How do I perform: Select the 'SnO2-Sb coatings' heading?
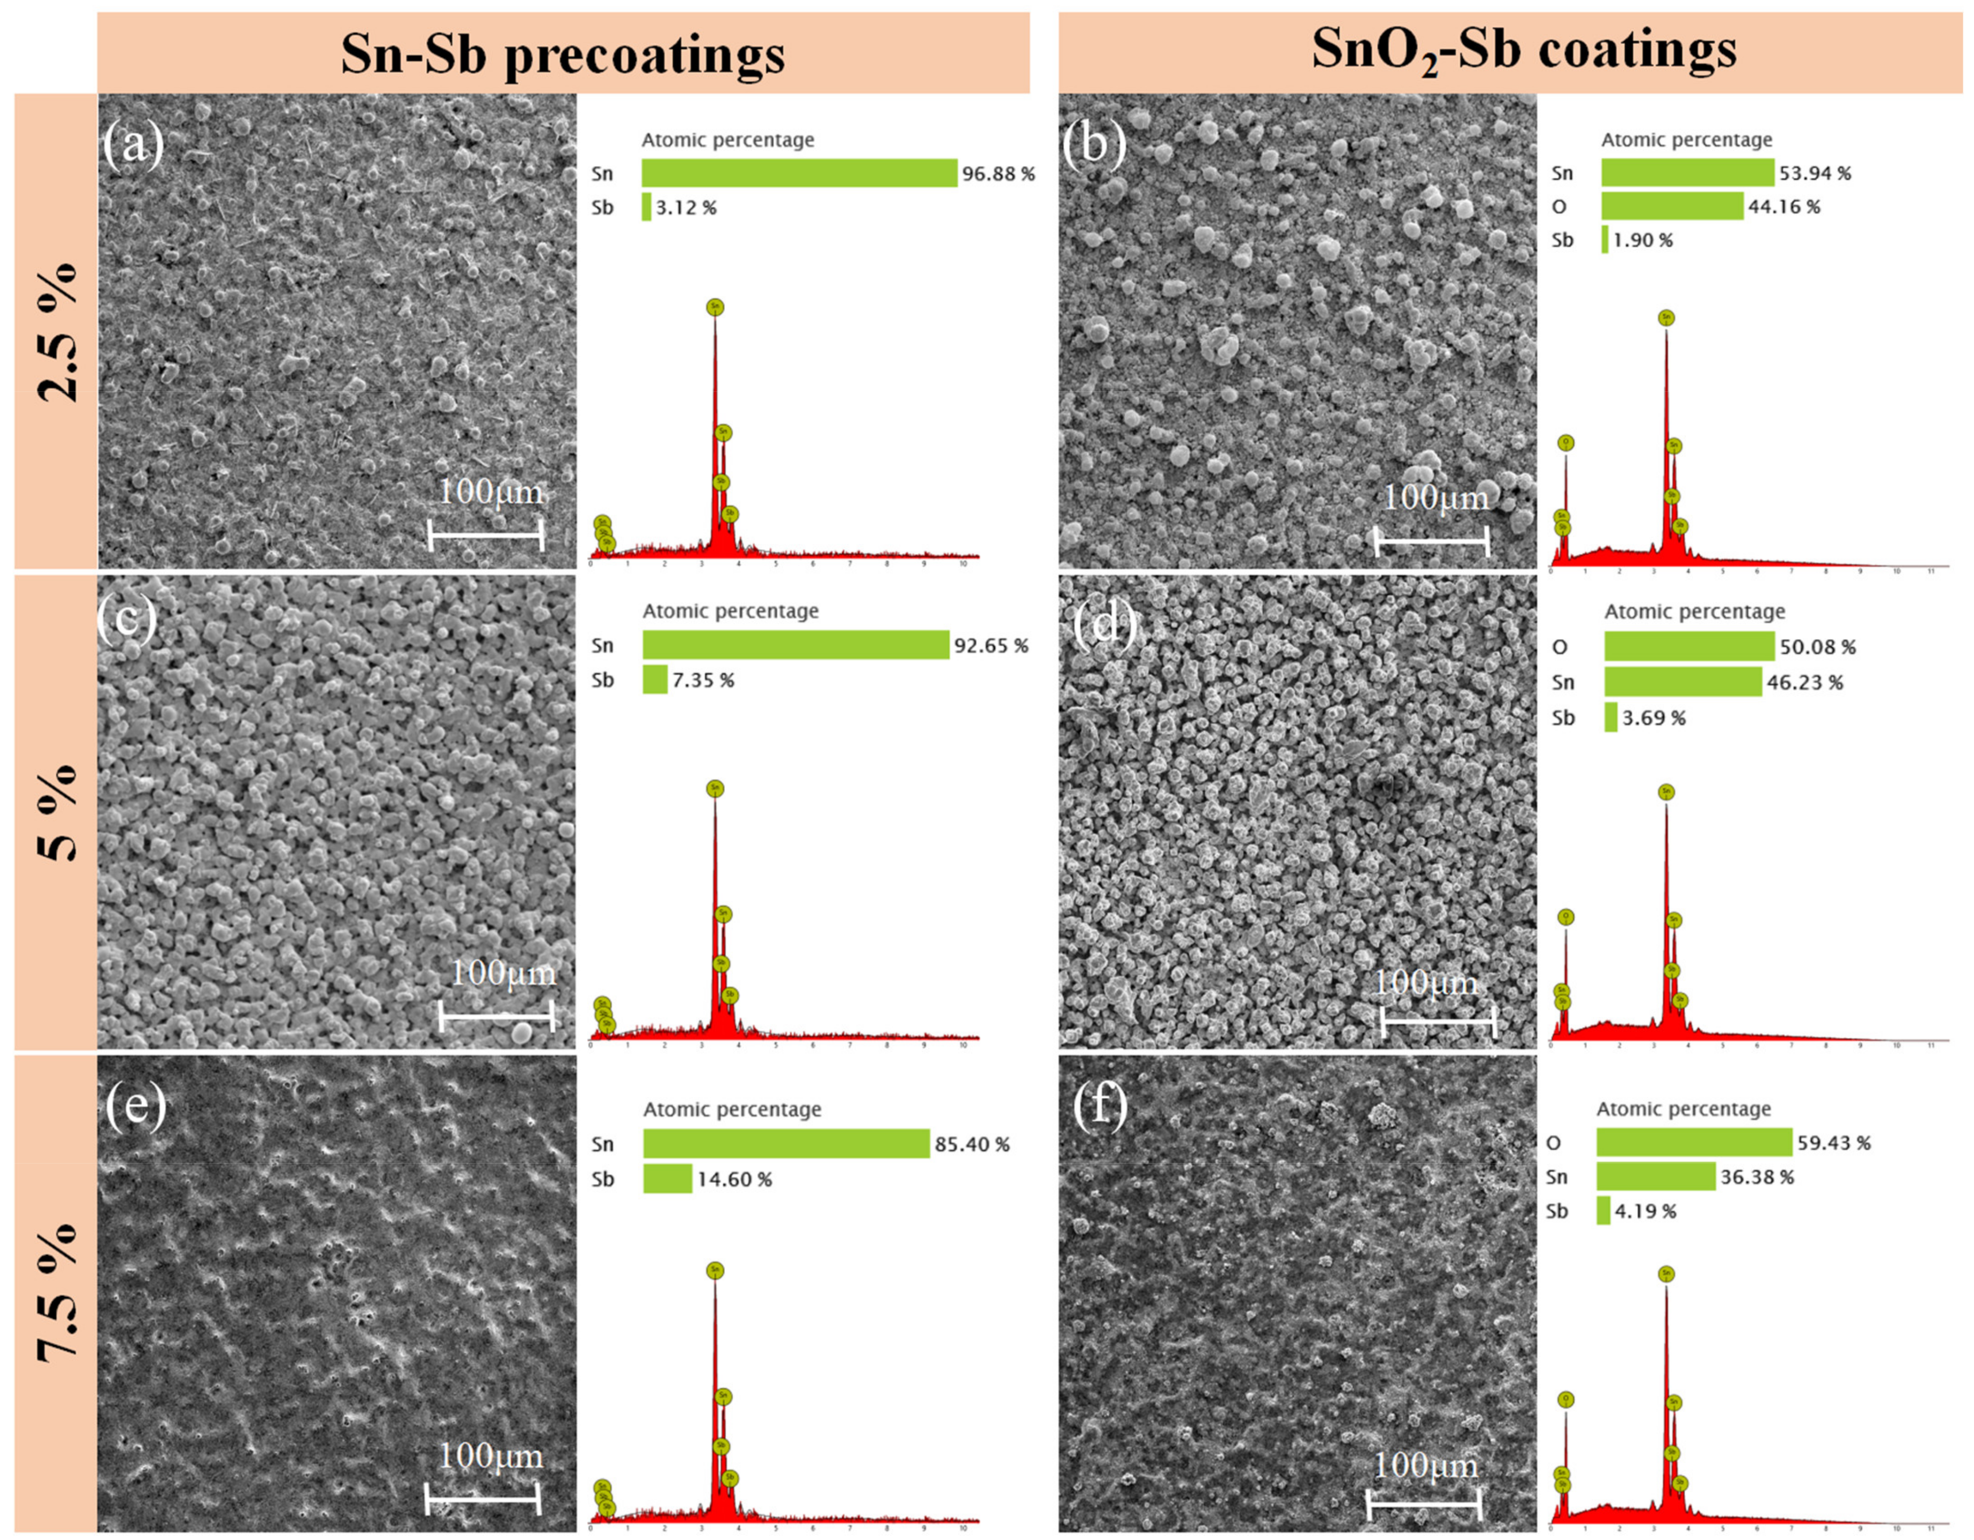(x=1524, y=50)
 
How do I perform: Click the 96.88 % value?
(x=998, y=173)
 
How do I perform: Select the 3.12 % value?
(x=685, y=208)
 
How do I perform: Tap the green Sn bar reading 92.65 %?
(x=795, y=645)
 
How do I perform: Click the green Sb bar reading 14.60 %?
(x=667, y=1179)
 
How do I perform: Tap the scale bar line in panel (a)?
(x=485, y=535)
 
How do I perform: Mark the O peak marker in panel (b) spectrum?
(x=1566, y=443)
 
